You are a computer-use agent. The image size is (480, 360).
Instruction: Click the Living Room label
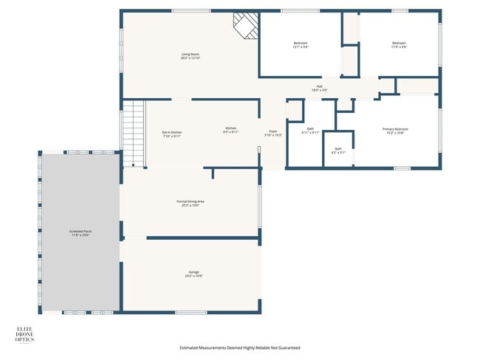pyautogui.click(x=191, y=56)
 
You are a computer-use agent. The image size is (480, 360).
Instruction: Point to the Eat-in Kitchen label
pyautogui.click(x=171, y=134)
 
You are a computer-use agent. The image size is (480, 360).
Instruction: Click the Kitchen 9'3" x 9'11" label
pyautogui.click(x=231, y=131)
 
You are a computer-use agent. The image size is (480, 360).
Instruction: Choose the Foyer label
pyautogui.click(x=272, y=134)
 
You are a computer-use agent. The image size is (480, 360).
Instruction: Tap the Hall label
pyautogui.click(x=320, y=88)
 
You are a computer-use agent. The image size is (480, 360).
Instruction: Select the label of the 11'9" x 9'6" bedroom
pyautogui.click(x=400, y=45)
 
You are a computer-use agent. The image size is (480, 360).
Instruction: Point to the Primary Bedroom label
pyautogui.click(x=395, y=131)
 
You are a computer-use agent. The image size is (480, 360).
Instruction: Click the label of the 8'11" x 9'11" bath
pyautogui.click(x=310, y=131)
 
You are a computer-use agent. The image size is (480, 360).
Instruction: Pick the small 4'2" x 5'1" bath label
pyautogui.click(x=338, y=150)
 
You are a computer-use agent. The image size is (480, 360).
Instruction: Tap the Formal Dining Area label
pyautogui.click(x=190, y=203)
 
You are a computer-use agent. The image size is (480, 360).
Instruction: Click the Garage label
pyautogui.click(x=193, y=274)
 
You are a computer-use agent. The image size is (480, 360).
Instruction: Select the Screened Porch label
pyautogui.click(x=80, y=233)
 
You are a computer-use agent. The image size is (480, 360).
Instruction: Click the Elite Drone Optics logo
pyautogui.click(x=25, y=334)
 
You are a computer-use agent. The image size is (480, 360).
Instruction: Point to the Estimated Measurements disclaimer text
pyautogui.click(x=240, y=347)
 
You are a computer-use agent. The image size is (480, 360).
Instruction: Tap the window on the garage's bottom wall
pyautogui.click(x=191, y=312)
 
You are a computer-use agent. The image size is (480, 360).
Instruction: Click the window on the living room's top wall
pyautogui.click(x=185, y=10)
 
